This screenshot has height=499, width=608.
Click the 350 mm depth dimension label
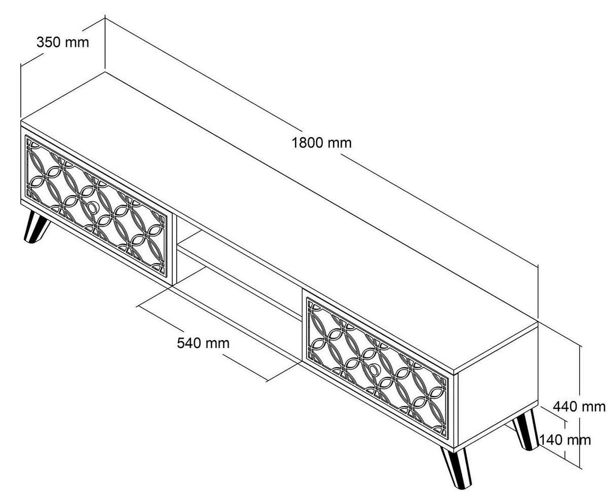[x=62, y=43]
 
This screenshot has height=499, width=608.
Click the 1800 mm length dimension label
[x=321, y=143]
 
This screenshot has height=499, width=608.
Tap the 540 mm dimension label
[x=203, y=343]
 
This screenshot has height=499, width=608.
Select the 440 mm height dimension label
[x=579, y=406]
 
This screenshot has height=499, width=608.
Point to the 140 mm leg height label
[x=564, y=440]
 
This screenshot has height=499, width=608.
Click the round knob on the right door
[x=373, y=370]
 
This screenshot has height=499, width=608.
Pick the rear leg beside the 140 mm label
[x=525, y=430]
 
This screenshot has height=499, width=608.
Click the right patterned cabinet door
[x=377, y=369]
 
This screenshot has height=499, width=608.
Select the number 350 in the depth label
[x=49, y=43]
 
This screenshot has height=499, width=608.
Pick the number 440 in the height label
[x=565, y=406]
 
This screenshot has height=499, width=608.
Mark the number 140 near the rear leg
[x=551, y=440]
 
